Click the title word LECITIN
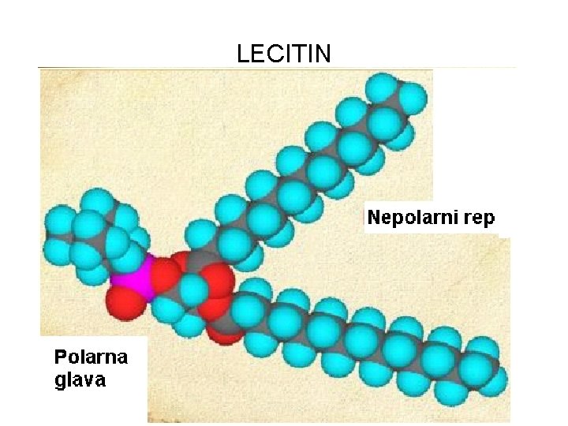[284, 54]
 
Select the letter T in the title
[301, 54]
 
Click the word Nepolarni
[412, 219]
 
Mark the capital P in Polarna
[60, 357]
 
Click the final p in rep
[489, 221]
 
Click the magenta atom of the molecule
[128, 275]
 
